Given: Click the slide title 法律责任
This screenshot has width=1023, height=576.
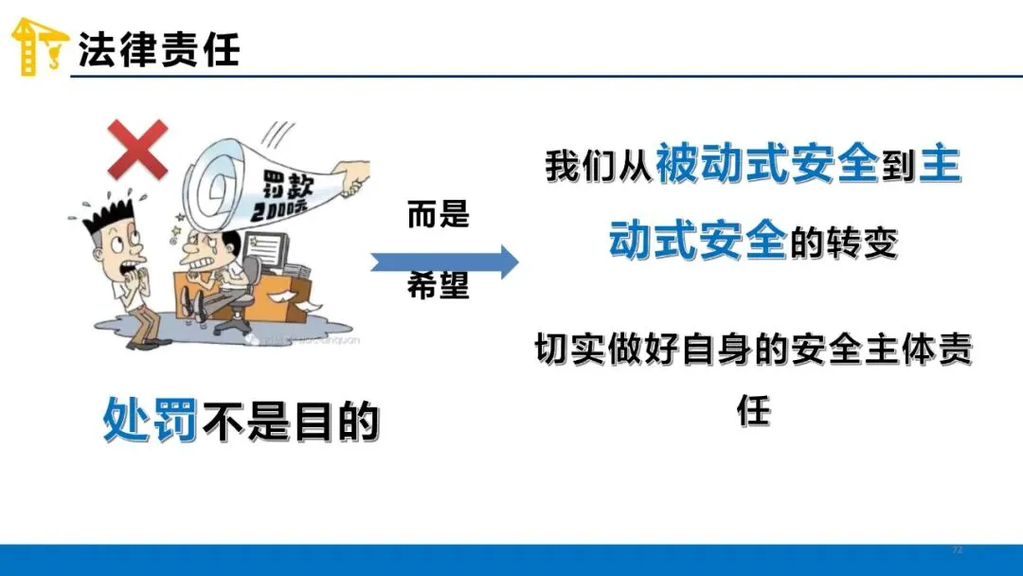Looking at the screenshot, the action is coord(158,49).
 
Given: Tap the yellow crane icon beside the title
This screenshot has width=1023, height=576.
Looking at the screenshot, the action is coord(39,45).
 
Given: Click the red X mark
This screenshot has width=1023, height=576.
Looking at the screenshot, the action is coord(137,149).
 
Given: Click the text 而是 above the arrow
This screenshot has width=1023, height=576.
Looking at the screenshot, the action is coord(439,216).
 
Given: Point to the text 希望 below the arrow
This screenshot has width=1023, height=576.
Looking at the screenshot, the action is coord(439,286).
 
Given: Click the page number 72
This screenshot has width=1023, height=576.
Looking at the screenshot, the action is coord(957,550).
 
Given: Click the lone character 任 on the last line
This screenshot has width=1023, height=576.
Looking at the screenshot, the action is coord(754,410).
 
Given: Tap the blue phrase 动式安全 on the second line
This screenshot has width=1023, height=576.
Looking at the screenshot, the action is coord(697,243).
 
